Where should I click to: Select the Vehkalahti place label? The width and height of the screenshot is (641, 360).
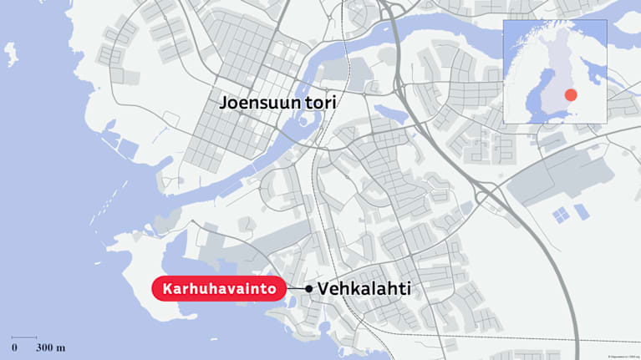coord(364,288)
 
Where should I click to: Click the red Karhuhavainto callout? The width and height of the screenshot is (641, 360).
coord(217,288)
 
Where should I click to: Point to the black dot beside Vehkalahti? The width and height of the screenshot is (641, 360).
coord(309,288)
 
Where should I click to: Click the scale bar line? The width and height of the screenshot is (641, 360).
coord(24,337)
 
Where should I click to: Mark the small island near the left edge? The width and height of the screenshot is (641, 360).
coord(10,54)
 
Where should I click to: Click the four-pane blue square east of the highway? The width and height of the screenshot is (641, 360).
coord(562,215)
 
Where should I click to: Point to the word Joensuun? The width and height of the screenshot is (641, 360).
coord(256,104)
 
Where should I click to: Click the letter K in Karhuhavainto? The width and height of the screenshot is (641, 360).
coord(168,288)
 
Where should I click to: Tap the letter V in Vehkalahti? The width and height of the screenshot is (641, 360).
coord(324,288)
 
